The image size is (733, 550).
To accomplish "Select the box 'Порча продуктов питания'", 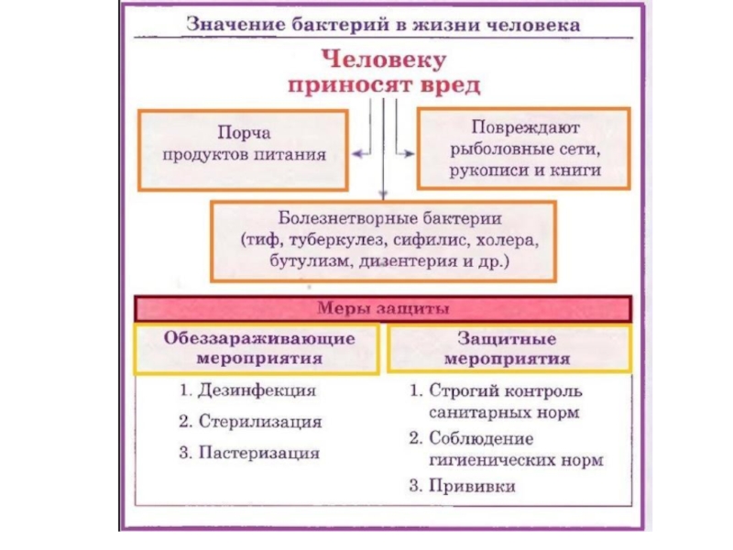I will coord(243,146).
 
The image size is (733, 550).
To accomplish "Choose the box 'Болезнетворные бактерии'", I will coord(383,241).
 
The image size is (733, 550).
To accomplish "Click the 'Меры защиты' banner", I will coord(383,306).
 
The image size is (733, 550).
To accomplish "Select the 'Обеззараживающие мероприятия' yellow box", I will coord(258,349).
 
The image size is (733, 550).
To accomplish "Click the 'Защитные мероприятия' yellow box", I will coord(510,349).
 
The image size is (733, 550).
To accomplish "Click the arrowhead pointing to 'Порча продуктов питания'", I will coord(358,150).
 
